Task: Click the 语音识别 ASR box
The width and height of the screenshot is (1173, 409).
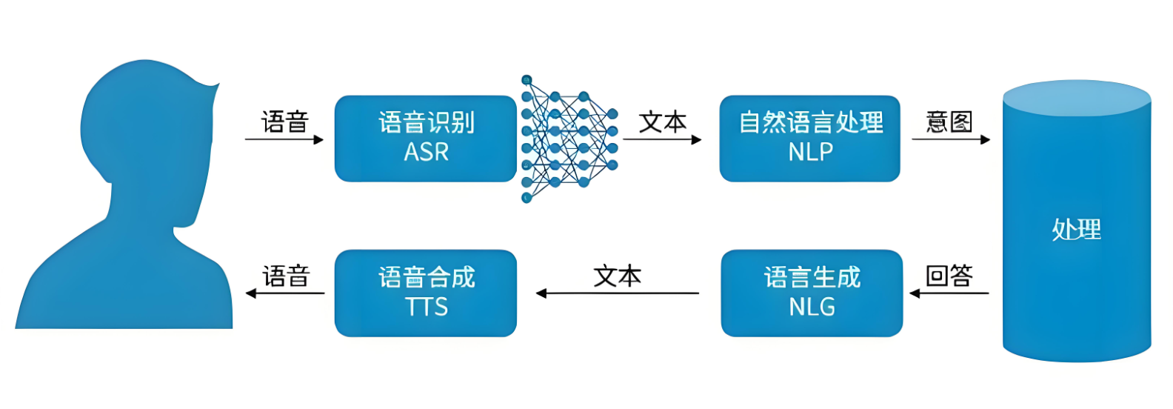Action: pos(425,139)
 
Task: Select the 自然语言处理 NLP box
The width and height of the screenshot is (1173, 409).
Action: pos(809,139)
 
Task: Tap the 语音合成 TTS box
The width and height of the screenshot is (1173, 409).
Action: pos(425,293)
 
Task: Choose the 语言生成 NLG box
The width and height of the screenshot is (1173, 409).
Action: pos(812,293)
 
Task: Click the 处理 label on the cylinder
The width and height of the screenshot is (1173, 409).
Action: pos(1076,230)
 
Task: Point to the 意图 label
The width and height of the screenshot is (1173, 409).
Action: pos(949,122)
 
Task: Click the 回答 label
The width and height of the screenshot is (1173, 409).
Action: pos(949,276)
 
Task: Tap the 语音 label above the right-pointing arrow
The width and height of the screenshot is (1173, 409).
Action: pos(285,122)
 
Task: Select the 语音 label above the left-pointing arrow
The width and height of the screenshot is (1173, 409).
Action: pos(286,276)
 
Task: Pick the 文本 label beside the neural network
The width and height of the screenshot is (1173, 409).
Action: pos(663,122)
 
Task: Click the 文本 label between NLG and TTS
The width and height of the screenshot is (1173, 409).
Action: pos(617,276)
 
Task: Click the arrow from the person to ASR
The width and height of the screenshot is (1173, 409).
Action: pos(284,139)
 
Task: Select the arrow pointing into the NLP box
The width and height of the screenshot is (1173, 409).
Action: pos(663,139)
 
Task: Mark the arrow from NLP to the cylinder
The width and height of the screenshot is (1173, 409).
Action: pos(951,139)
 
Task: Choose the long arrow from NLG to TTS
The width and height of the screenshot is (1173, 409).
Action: pos(617,293)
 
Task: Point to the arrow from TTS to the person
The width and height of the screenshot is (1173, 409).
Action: pos(285,293)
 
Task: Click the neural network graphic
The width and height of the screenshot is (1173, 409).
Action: pos(567,139)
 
